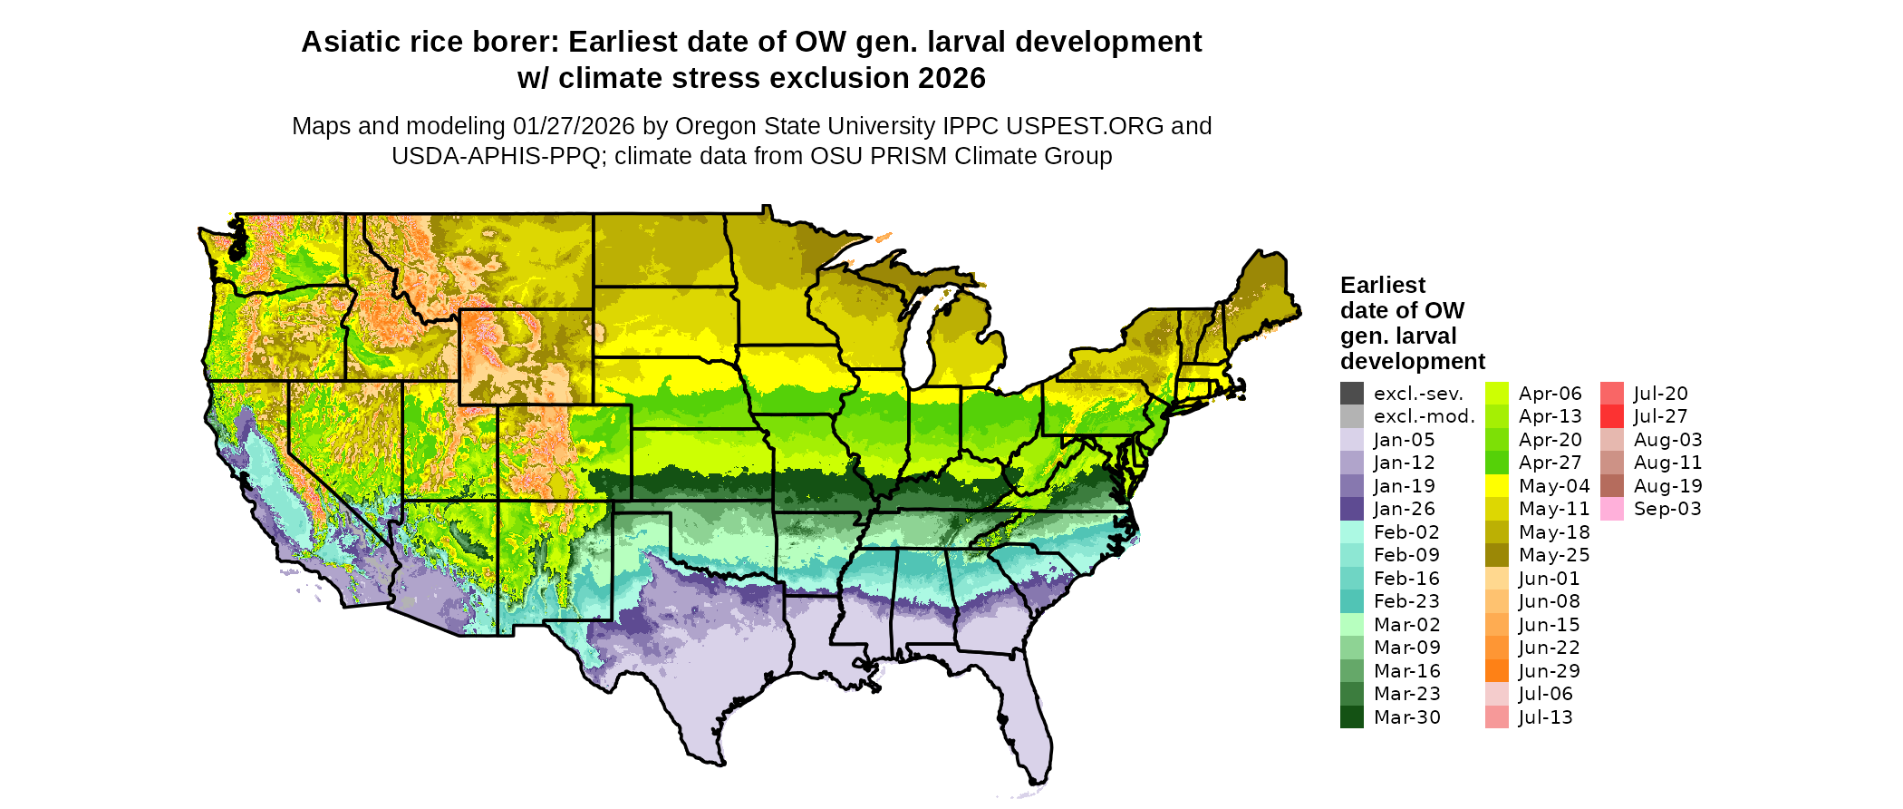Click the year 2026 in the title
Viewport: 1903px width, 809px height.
click(951, 78)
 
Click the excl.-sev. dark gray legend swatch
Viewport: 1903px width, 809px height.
click(1351, 394)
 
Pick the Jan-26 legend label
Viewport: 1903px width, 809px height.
click(1404, 509)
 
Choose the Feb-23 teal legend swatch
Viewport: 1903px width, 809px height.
click(1351, 601)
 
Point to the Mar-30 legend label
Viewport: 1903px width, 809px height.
click(1406, 717)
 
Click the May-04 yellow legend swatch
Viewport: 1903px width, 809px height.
click(1497, 486)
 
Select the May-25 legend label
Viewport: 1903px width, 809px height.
click(1554, 555)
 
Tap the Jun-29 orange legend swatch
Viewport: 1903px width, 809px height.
click(1497, 671)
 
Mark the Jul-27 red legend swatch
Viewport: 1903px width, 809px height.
click(1612, 416)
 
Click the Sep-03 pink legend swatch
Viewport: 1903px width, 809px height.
click(1612, 509)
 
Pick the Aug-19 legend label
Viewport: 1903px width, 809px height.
click(1667, 486)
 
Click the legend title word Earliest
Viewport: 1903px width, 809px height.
click(1383, 285)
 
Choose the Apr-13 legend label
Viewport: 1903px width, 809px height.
click(1550, 416)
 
